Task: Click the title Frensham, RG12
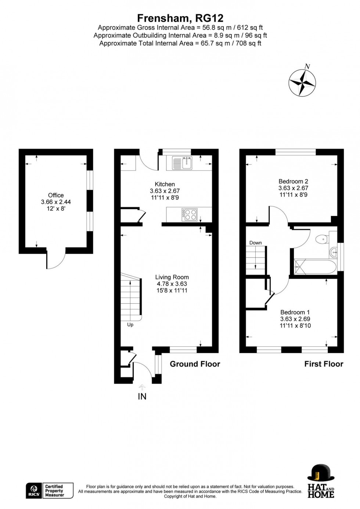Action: click(x=180, y=18)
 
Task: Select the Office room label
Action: click(x=56, y=195)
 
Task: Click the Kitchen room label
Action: click(x=165, y=184)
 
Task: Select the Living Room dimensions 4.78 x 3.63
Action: click(x=172, y=284)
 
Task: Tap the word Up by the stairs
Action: click(x=130, y=325)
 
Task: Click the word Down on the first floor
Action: click(x=255, y=243)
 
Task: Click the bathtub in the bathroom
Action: click(x=314, y=267)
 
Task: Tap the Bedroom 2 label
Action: click(x=293, y=181)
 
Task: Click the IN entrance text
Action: click(x=142, y=396)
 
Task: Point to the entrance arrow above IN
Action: click(x=142, y=387)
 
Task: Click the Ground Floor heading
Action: click(x=195, y=364)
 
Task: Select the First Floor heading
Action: click(x=324, y=364)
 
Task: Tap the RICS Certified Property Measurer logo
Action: click(x=50, y=491)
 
